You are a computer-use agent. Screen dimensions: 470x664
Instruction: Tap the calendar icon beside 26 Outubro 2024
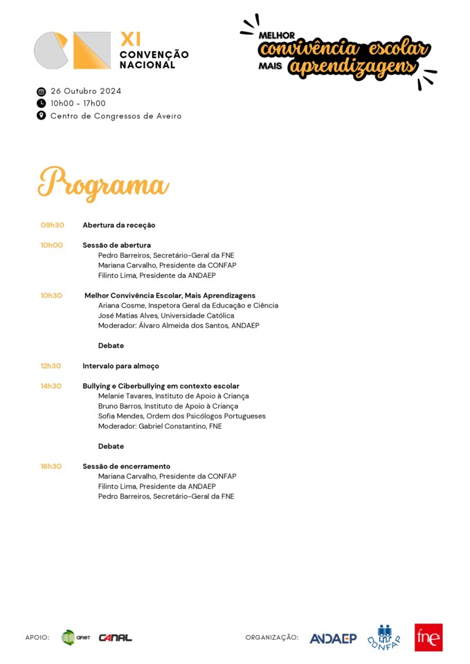click(x=41, y=91)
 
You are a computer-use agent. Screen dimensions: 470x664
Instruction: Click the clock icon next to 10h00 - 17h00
click(x=41, y=104)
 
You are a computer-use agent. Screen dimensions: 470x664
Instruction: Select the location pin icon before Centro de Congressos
click(x=41, y=116)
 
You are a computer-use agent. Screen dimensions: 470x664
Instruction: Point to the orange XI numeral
click(x=130, y=39)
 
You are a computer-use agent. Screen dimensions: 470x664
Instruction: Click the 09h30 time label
click(x=52, y=225)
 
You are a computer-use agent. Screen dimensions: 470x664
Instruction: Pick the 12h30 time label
click(x=51, y=366)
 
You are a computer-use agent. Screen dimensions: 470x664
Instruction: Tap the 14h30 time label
click(x=51, y=386)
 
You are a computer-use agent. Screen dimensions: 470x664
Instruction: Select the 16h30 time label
click(x=51, y=466)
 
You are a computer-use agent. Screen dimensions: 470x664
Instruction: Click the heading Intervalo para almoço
click(x=120, y=366)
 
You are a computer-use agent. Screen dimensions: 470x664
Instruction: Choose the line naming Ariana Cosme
click(x=188, y=305)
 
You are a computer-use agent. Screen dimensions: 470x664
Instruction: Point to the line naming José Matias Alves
click(x=165, y=315)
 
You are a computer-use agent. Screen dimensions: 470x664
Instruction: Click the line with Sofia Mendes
click(x=181, y=416)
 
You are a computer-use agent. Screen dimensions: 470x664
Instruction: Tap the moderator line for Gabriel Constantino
click(x=160, y=426)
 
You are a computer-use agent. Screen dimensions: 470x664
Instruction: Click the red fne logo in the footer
click(x=428, y=637)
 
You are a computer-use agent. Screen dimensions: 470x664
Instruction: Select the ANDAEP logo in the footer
click(x=333, y=638)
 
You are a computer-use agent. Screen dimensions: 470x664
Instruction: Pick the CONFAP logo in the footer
click(x=384, y=637)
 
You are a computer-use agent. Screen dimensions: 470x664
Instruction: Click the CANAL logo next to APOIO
click(x=115, y=638)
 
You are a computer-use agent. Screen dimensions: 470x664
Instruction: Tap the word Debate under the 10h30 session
click(x=111, y=345)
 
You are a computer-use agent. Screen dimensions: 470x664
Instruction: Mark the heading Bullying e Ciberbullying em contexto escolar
click(x=161, y=386)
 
